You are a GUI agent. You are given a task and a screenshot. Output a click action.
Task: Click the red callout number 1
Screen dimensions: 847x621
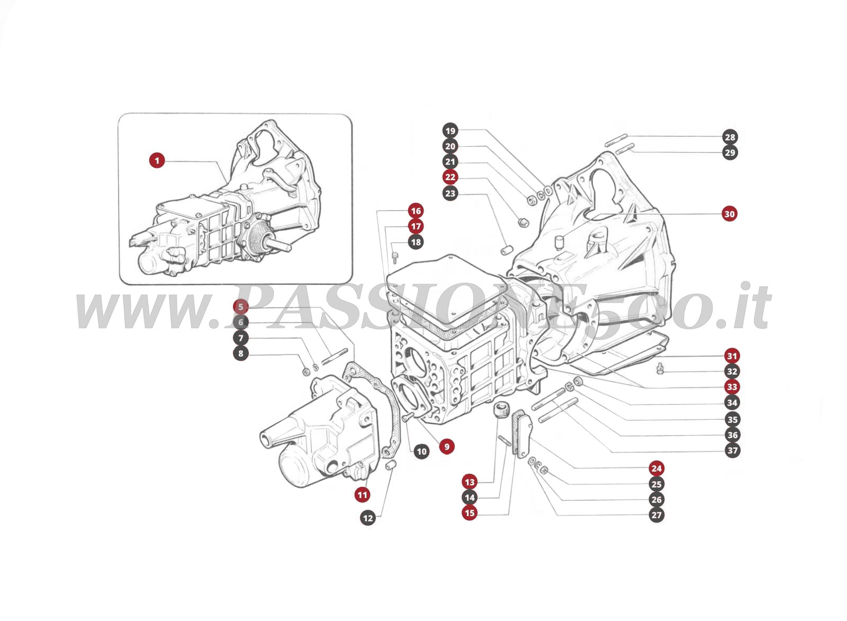click(157, 160)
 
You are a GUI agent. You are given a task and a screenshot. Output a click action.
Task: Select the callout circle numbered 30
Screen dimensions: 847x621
click(729, 214)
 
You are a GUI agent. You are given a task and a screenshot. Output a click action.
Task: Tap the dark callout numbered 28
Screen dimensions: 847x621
click(730, 137)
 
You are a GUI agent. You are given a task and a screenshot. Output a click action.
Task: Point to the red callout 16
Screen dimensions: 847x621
click(416, 211)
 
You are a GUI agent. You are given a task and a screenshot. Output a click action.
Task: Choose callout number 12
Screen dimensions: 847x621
click(368, 518)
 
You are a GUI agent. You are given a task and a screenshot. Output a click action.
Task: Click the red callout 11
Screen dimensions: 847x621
click(362, 495)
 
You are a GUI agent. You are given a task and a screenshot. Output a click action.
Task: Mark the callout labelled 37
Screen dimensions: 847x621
click(732, 451)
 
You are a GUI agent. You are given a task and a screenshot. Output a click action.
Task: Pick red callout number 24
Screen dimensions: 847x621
click(656, 468)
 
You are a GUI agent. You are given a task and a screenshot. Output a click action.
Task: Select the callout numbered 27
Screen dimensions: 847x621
click(656, 515)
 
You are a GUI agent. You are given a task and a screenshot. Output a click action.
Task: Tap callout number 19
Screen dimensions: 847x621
click(450, 131)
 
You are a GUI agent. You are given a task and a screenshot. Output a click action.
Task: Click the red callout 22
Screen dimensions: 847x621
click(450, 178)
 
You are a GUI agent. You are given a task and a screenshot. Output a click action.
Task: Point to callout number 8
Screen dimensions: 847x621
click(241, 354)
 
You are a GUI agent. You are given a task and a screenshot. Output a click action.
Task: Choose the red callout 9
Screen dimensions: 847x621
click(447, 447)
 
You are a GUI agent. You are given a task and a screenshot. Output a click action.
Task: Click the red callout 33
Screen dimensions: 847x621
click(732, 387)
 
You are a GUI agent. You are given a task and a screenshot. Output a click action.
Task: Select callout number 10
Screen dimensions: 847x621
click(421, 452)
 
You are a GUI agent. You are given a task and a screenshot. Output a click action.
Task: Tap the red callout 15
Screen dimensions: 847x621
click(470, 513)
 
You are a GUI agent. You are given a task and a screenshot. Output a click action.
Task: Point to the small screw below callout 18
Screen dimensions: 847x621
click(395, 257)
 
